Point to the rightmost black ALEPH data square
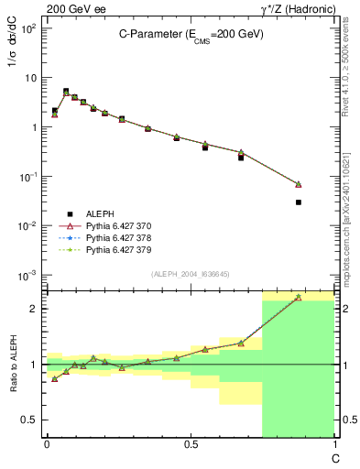299,202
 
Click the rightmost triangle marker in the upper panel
299,184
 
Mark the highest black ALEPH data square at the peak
66,91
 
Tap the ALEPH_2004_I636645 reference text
190,274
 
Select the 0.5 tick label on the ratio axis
30,420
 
